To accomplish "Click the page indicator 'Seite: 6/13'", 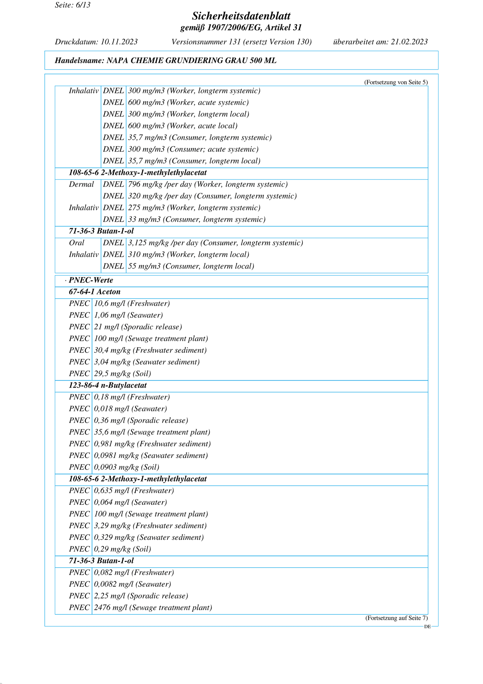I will point(73,5).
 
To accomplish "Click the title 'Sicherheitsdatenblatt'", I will point(241,16).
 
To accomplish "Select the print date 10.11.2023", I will point(119,42).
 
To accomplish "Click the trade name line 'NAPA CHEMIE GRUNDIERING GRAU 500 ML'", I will point(191,61).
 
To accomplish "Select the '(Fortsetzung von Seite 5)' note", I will point(395,82).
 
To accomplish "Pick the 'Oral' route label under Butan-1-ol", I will point(77,243).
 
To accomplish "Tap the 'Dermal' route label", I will point(81,184).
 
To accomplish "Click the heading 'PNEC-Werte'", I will point(91,280).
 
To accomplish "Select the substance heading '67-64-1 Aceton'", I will point(94,292).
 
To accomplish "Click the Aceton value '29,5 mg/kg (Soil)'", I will point(122,374).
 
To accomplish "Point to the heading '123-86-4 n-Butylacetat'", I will point(108,385).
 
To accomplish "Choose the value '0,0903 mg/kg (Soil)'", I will point(126,467).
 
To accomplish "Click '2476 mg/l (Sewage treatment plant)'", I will point(153,608).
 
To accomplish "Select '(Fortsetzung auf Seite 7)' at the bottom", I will point(396,618).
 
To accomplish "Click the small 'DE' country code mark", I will point(427,627).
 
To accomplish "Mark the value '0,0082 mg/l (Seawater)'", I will point(132,584).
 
